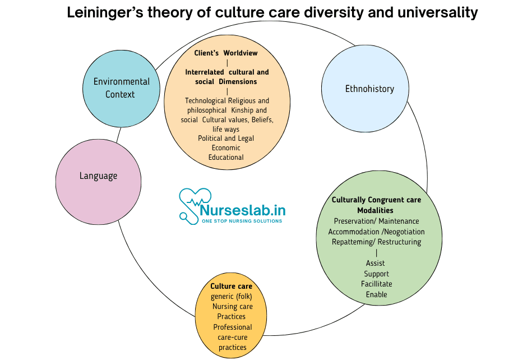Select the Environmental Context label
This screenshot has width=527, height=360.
pyautogui.click(x=121, y=88)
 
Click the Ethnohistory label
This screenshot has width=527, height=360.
pyautogui.click(x=369, y=89)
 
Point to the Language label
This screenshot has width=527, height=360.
pyautogui.click(x=98, y=176)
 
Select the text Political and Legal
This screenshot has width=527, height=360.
pyautogui.click(x=226, y=138)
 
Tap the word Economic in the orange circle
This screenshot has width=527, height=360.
pyautogui.click(x=226, y=147)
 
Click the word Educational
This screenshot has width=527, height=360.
pyautogui.click(x=226, y=157)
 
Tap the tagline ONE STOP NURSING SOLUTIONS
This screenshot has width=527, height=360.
pyautogui.click(x=242, y=221)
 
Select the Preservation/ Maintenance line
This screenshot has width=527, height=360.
pyautogui.click(x=376, y=221)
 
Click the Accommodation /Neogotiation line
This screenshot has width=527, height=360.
pyautogui.click(x=376, y=232)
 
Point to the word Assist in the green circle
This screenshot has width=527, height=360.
pyautogui.click(x=376, y=263)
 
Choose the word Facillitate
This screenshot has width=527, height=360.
pyautogui.click(x=376, y=284)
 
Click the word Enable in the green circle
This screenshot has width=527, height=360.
pyautogui.click(x=376, y=294)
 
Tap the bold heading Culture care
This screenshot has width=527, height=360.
pyautogui.click(x=231, y=286)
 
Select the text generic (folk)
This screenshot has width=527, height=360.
pyautogui.click(x=231, y=296)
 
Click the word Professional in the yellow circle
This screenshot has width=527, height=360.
pyautogui.click(x=233, y=327)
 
